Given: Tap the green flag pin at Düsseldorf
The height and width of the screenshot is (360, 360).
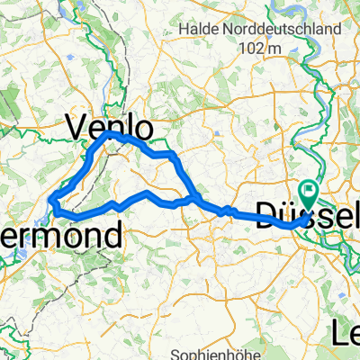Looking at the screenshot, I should (x=309, y=191).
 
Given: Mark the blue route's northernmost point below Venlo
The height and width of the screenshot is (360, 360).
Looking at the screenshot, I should (x=109, y=133).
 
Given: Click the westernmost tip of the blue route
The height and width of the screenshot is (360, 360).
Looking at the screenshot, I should (x=53, y=200).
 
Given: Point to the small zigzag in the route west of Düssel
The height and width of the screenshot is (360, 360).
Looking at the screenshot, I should (x=230, y=211).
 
